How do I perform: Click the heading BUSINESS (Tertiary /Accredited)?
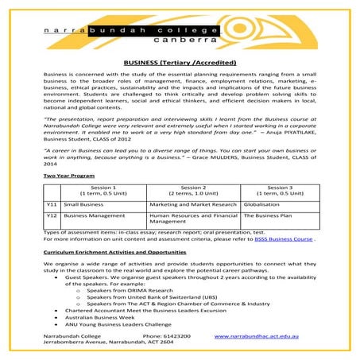click(180, 60)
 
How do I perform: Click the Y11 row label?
click(51, 204)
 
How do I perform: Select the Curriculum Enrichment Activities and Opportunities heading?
click(114, 250)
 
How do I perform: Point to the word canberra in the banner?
click(180, 37)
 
